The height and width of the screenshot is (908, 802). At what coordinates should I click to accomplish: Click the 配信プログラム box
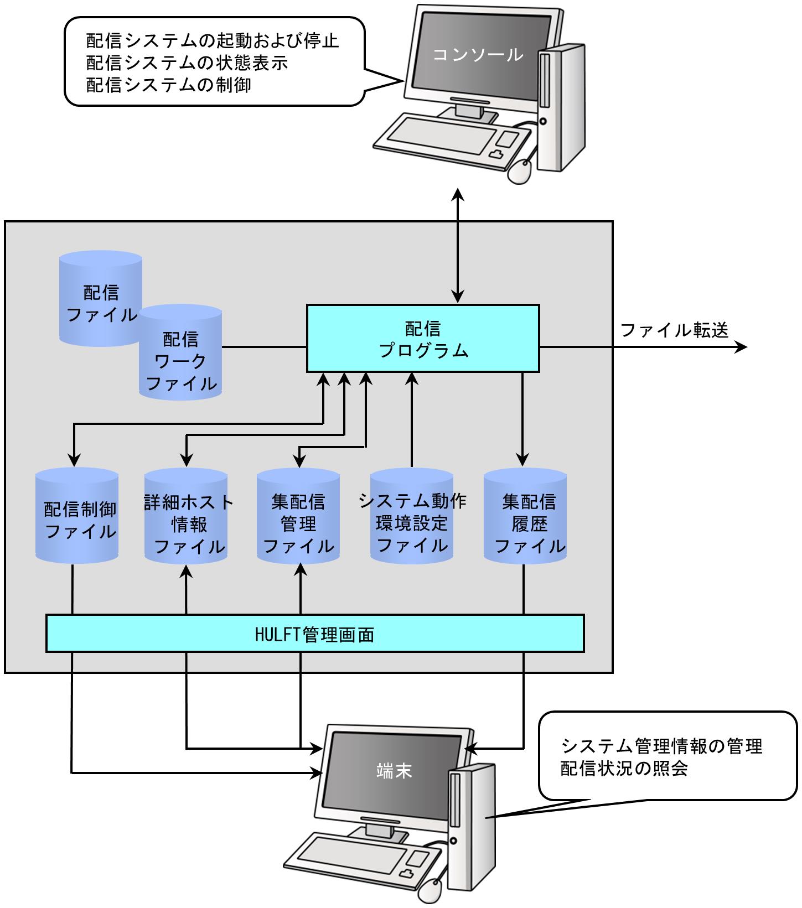(x=423, y=338)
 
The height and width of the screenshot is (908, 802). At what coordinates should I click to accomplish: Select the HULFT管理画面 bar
(x=315, y=633)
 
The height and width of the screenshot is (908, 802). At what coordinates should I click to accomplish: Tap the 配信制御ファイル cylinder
(x=77, y=516)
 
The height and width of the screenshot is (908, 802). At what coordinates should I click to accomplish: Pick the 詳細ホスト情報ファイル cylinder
(x=186, y=516)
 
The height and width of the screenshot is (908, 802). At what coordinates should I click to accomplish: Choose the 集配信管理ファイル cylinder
(x=298, y=516)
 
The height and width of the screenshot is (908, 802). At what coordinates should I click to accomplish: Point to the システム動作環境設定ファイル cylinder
(x=412, y=516)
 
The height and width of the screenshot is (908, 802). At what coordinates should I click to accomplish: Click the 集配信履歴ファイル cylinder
(x=525, y=516)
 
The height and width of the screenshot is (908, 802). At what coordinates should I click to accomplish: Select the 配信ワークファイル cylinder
(x=180, y=352)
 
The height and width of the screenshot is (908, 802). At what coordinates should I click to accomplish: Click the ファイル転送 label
(x=674, y=330)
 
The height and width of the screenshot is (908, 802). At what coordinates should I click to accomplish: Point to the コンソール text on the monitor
(x=478, y=54)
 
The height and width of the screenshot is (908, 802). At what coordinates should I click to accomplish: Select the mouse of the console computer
(x=521, y=171)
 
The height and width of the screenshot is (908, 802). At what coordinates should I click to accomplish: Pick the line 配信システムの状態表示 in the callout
(x=187, y=63)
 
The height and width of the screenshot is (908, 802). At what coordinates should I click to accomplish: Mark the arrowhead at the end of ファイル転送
(x=741, y=347)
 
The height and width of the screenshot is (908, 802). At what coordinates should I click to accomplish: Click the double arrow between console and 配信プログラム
(x=458, y=245)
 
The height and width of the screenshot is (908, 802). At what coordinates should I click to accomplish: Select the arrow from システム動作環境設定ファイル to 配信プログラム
(x=412, y=420)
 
